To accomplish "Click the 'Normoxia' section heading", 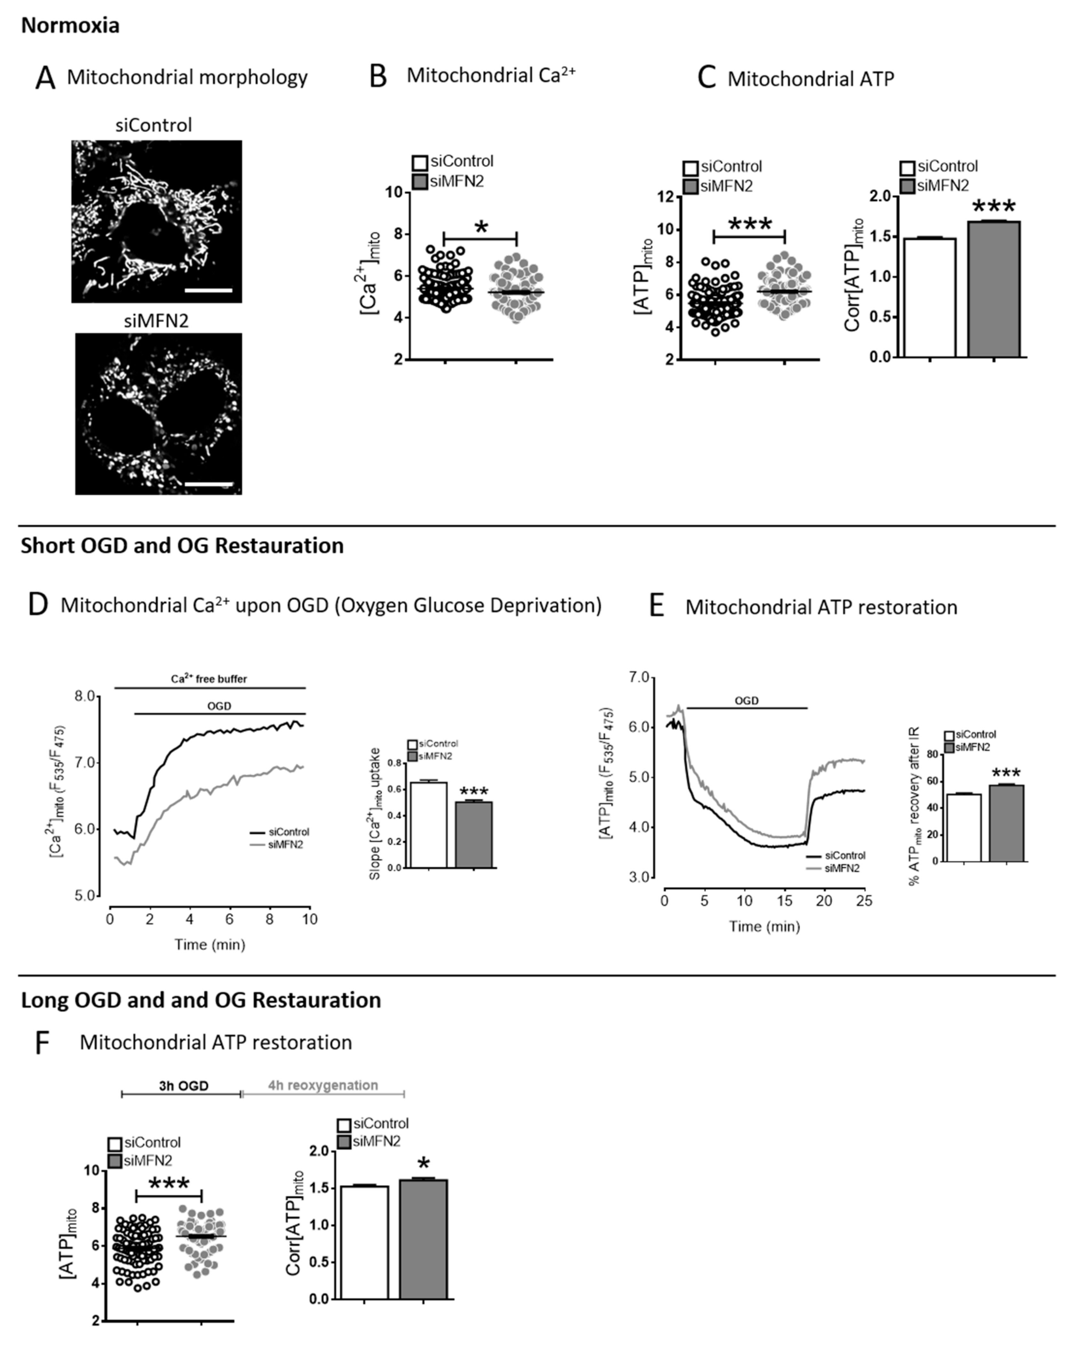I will point(70,26).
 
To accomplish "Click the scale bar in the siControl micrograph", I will point(209,290).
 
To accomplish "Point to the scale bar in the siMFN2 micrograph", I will point(209,484).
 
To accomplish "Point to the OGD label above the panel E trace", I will point(746,700).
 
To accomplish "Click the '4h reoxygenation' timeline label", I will point(323,1085).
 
